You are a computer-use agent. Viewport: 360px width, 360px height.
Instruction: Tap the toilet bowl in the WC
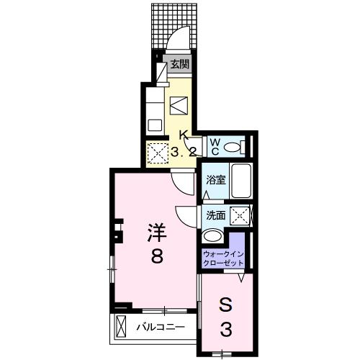point(232,147)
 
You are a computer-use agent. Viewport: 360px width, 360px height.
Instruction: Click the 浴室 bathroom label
point(215,180)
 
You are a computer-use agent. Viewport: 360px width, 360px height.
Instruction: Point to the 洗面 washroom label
point(215,215)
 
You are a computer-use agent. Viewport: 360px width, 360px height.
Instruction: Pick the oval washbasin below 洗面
point(213,236)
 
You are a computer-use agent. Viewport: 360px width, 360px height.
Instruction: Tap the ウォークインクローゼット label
point(223,258)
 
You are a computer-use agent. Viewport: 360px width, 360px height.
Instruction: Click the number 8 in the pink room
point(157,255)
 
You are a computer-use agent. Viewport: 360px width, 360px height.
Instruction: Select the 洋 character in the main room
point(157,232)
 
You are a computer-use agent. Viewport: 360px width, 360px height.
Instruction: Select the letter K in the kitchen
point(184,135)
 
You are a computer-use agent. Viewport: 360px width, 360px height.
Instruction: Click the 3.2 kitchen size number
point(184,151)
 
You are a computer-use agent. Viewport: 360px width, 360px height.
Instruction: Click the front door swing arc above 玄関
point(182,40)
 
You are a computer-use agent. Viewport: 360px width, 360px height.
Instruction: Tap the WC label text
point(215,146)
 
